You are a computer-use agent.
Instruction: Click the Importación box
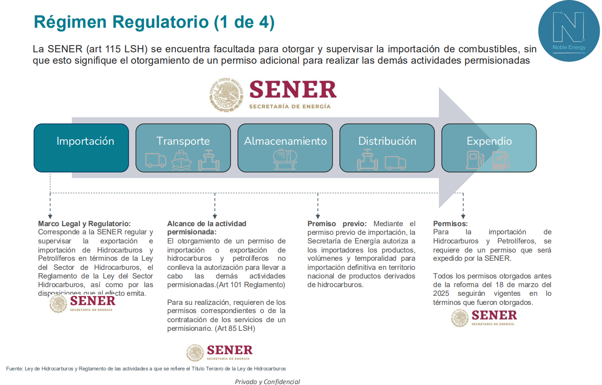pyautogui.click(x=81, y=148)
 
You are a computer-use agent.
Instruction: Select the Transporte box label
pyautogui.click(x=183, y=141)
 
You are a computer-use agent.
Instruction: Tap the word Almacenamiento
pyautogui.click(x=285, y=141)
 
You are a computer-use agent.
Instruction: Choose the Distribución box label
pyautogui.click(x=387, y=141)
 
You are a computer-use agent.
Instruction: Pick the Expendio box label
pyautogui.click(x=489, y=141)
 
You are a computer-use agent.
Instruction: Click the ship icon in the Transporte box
pyautogui.click(x=181, y=160)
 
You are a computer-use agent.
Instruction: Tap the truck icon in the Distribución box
pyautogui.click(x=395, y=162)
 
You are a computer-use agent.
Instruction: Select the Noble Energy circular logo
pyautogui.click(x=569, y=31)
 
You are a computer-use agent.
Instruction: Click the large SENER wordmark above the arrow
pyautogui.click(x=293, y=90)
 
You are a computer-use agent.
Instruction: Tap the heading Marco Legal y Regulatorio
pyautogui.click(x=85, y=223)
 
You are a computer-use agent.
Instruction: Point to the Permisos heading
pyautogui.click(x=450, y=223)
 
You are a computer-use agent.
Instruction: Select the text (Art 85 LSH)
pyautogui.click(x=235, y=328)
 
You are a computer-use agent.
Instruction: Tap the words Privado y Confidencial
pyautogui.click(x=267, y=381)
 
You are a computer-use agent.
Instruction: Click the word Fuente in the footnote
pyautogui.click(x=14, y=368)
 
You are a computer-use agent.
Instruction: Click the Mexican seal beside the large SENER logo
pyautogui.click(x=226, y=95)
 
